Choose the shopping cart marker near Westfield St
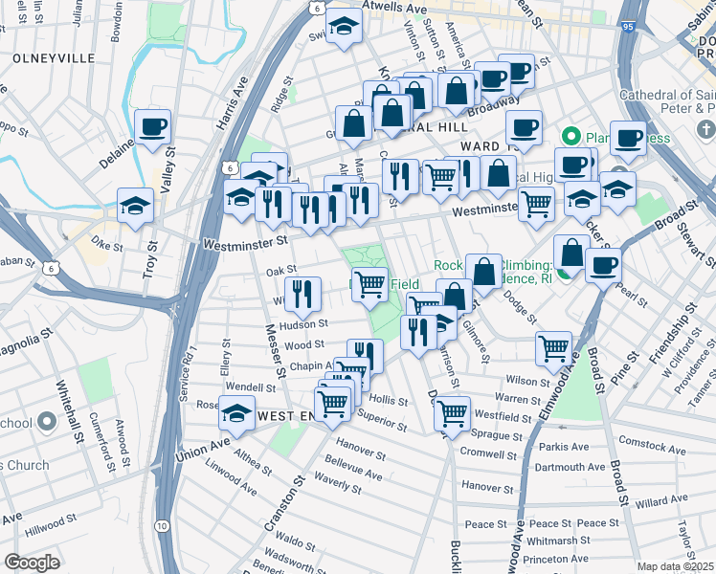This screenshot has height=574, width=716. click(x=452, y=413)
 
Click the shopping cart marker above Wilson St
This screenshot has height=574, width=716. click(x=553, y=349)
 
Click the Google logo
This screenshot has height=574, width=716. click(x=32, y=563)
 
